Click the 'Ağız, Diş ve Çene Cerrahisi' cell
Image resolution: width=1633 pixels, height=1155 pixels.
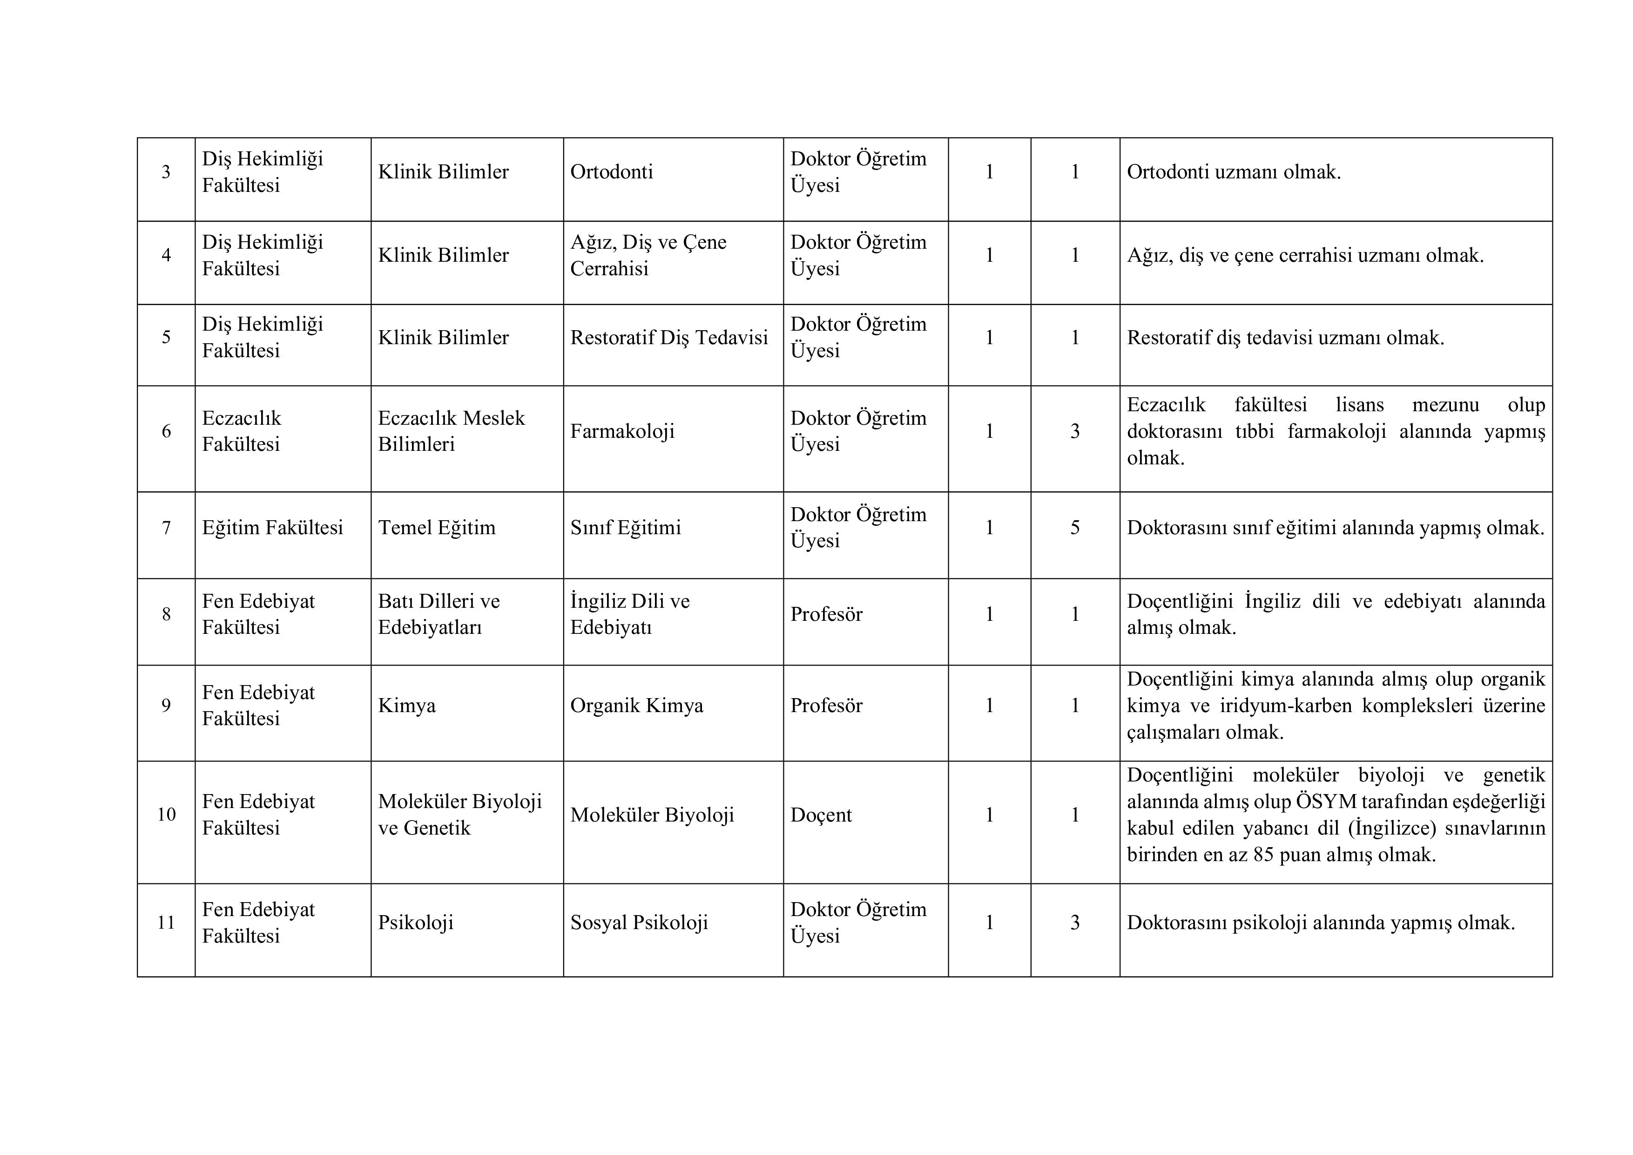pyautogui.click(x=648, y=256)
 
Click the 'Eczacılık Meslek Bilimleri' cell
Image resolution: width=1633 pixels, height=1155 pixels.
pyautogui.click(x=451, y=431)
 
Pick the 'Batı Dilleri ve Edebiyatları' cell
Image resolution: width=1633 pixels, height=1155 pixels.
pyautogui.click(x=439, y=614)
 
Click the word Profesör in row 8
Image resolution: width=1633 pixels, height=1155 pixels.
pyautogui.click(x=826, y=614)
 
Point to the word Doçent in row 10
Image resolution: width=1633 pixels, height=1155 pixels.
pyautogui.click(x=821, y=815)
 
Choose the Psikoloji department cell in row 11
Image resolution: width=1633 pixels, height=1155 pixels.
pyautogui.click(x=415, y=923)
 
